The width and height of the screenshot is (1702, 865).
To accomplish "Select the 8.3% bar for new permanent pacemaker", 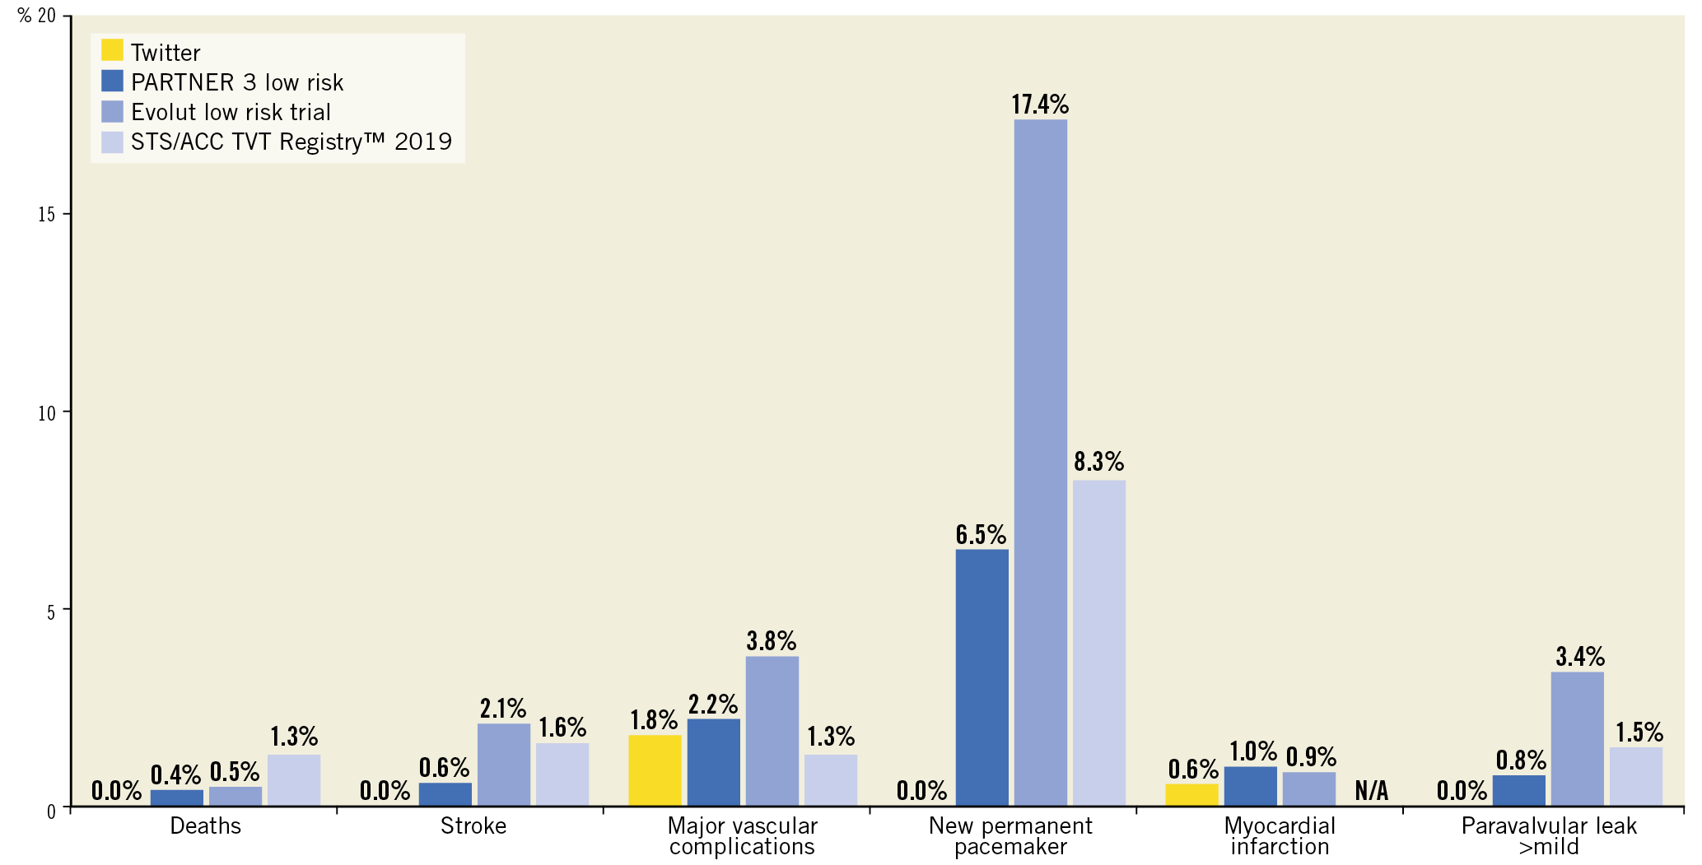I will (x=1098, y=643).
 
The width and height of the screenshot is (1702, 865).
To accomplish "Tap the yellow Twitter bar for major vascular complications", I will (x=655, y=770).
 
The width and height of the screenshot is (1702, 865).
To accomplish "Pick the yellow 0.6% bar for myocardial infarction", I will (x=1191, y=794).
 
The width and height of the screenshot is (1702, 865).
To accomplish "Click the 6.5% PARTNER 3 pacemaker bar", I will (x=982, y=677).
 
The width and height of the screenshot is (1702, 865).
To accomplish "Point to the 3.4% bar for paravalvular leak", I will (x=1577, y=739).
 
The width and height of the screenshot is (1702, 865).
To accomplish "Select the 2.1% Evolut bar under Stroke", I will (x=503, y=765).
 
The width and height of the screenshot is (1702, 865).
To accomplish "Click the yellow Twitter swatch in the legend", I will (x=112, y=50).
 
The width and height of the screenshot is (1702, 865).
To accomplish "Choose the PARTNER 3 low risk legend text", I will (x=237, y=82).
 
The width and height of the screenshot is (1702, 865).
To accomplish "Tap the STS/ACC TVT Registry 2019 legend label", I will (x=291, y=142).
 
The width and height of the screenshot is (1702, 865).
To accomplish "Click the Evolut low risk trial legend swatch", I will (x=112, y=111).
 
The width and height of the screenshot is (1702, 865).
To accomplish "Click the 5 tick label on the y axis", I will (x=50, y=612).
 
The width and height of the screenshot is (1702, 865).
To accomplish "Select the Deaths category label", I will (x=205, y=825).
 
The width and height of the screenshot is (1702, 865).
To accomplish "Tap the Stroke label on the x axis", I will (x=473, y=825).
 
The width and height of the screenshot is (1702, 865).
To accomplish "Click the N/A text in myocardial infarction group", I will (x=1371, y=791).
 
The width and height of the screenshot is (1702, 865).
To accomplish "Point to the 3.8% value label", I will (x=771, y=640).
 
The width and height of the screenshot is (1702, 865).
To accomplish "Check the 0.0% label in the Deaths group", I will (x=116, y=791).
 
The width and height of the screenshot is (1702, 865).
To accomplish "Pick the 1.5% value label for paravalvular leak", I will (x=1639, y=732).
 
